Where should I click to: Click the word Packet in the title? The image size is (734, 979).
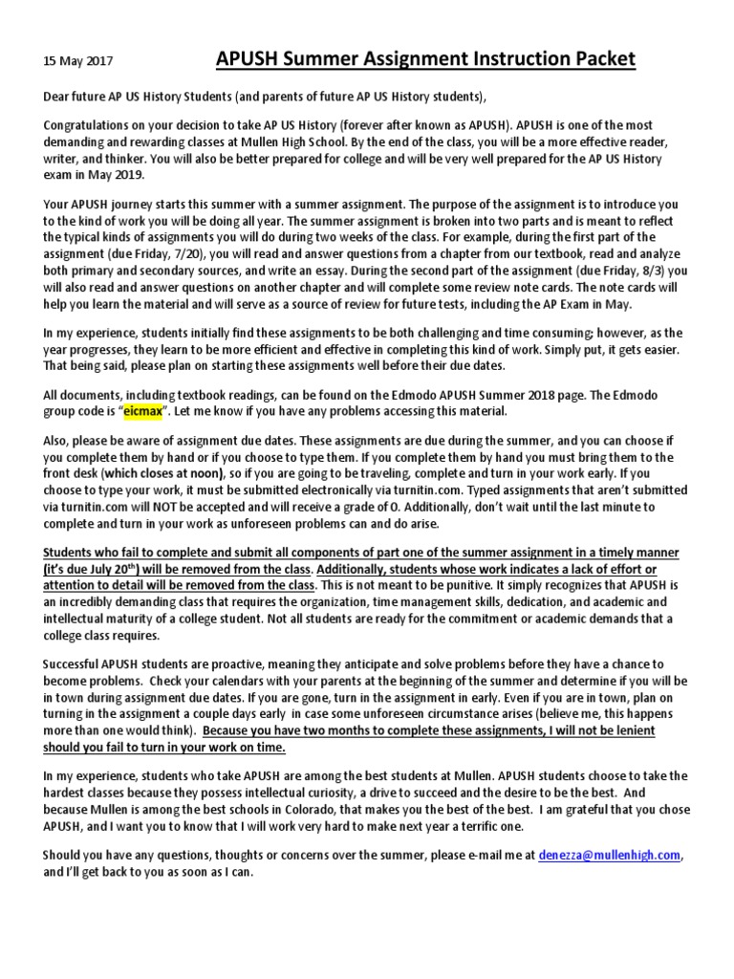tap(598, 59)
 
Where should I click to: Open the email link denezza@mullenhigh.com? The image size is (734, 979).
tap(613, 855)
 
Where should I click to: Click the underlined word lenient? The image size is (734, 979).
tap(634, 729)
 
